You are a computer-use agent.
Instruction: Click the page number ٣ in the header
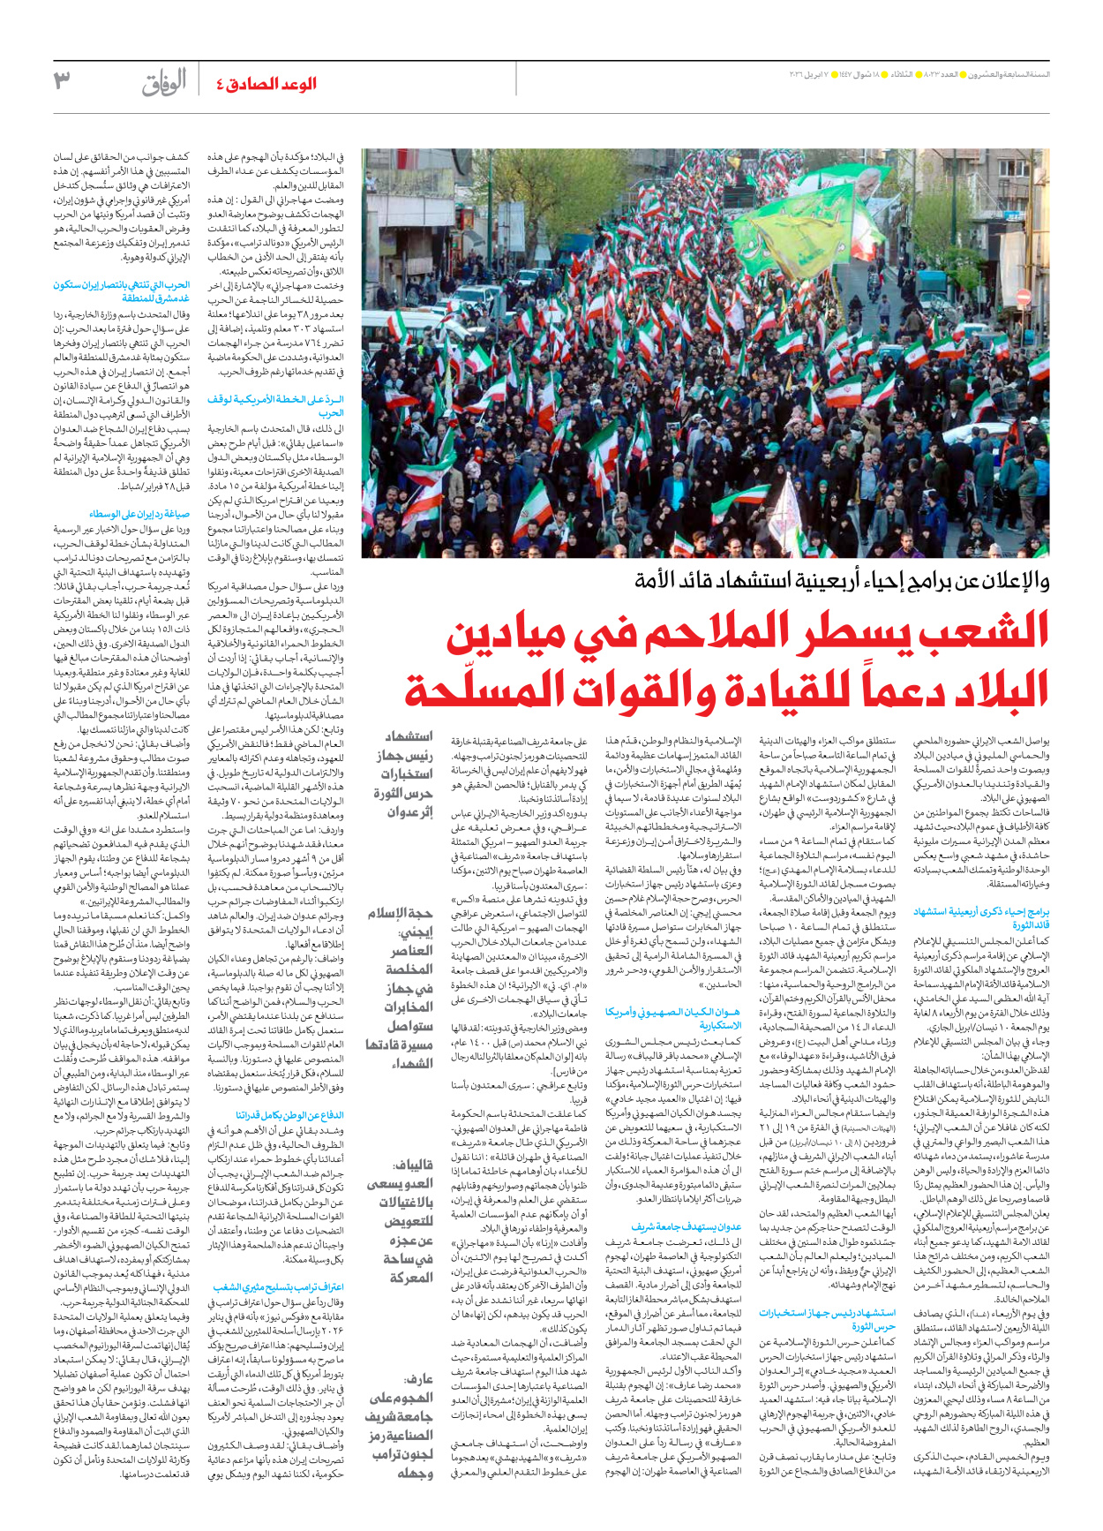click(x=62, y=81)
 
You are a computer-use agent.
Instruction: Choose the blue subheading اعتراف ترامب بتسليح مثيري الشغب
click(x=279, y=1287)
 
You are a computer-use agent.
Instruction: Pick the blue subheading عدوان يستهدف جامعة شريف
click(x=687, y=1226)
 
